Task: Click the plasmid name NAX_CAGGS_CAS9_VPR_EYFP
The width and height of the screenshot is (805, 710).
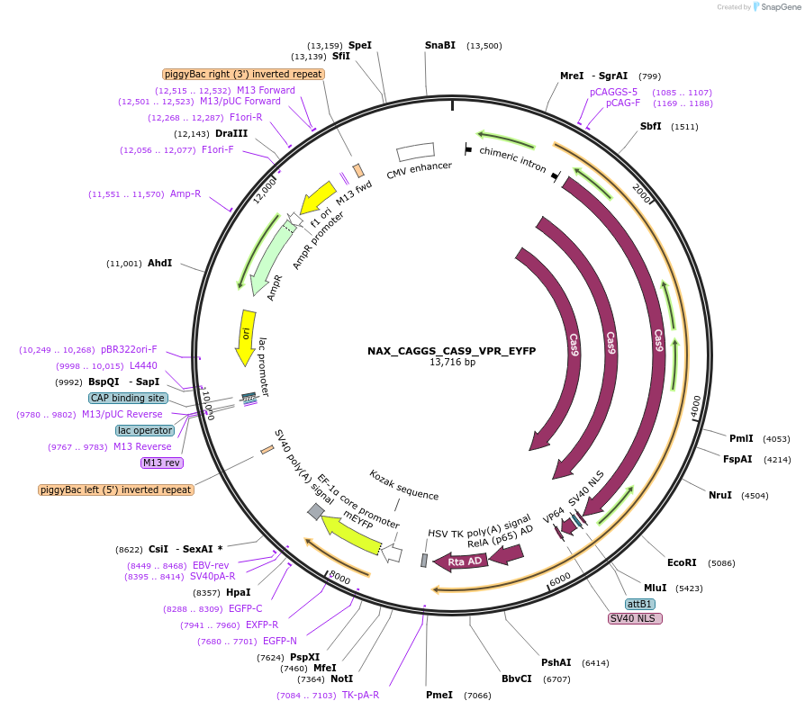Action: click(x=451, y=351)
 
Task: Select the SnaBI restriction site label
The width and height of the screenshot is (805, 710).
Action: click(x=440, y=45)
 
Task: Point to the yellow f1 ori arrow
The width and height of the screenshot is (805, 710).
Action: click(x=317, y=198)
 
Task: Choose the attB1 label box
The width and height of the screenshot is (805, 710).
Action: click(x=639, y=604)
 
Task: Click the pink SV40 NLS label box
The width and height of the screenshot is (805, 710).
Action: click(x=635, y=618)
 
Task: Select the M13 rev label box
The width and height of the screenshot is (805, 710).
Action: click(x=161, y=463)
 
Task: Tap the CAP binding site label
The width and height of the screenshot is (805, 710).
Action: click(x=128, y=398)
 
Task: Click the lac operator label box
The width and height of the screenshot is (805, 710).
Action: click(x=144, y=430)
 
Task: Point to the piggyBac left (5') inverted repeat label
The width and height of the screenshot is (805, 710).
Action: click(x=116, y=490)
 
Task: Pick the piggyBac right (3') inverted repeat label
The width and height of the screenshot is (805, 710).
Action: click(x=243, y=74)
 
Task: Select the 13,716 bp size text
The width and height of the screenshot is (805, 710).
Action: click(x=452, y=363)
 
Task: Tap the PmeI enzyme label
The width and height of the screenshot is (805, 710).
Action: click(x=439, y=695)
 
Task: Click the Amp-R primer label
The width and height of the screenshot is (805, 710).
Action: click(x=185, y=193)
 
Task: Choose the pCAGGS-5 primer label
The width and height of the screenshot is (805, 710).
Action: click(x=613, y=92)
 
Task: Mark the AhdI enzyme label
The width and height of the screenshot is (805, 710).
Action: click(x=159, y=263)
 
